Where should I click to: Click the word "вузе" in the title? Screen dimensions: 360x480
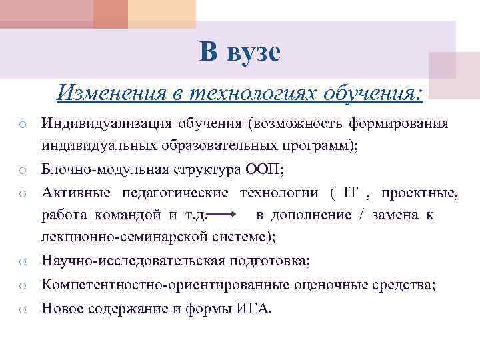[255, 53]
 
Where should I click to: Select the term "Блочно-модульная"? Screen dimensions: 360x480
[92, 170]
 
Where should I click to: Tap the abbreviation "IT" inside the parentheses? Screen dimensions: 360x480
[351, 193]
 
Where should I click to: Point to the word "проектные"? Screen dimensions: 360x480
[420, 193]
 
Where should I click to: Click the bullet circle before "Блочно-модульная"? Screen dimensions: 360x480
[22, 171]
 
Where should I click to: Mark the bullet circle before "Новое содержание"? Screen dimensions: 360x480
[22, 310]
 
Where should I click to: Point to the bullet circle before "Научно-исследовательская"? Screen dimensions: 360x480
[22, 261]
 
